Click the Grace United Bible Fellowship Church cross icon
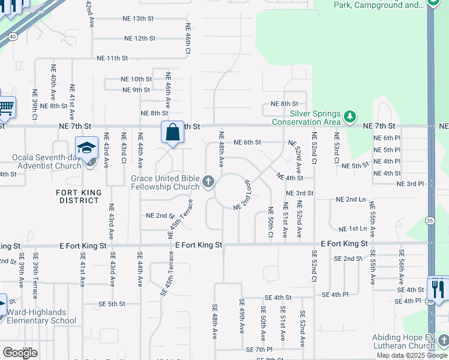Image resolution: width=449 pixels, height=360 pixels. point(208,181)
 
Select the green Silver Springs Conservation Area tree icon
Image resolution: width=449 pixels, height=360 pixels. point(350,115)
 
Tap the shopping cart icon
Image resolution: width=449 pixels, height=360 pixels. point(5,107)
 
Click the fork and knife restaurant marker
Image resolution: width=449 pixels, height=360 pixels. point(438,287)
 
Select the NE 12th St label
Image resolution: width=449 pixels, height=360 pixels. point(140,38)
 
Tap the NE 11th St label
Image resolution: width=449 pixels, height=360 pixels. point(112,58)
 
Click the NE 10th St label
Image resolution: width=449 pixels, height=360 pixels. point(136,79)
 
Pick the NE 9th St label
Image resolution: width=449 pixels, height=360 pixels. point(136,90)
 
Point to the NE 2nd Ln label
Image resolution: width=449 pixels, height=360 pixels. point(351,199)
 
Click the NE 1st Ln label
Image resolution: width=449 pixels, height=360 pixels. point(352,229)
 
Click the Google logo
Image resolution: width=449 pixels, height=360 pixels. point(20,353)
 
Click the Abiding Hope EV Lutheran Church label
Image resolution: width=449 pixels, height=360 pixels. point(403,341)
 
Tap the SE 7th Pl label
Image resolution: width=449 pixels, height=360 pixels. point(259,349)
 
